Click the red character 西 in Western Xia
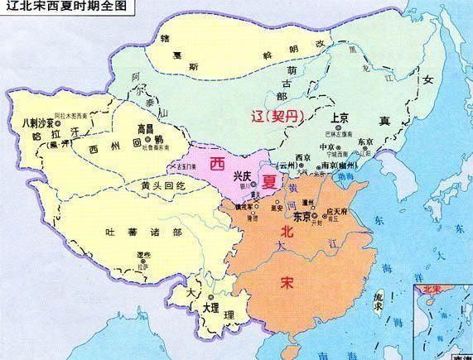[218, 161]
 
